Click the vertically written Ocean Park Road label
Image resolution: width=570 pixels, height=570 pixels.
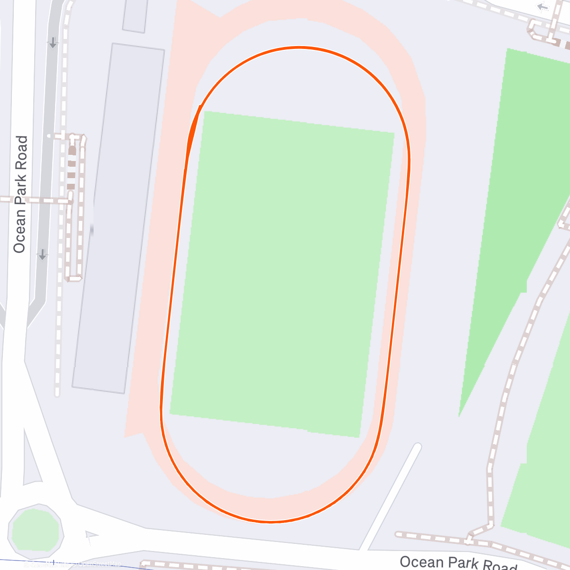point(20,194)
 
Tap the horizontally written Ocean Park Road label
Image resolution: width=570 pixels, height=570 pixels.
point(458,563)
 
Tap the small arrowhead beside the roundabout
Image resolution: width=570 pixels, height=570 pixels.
point(90,535)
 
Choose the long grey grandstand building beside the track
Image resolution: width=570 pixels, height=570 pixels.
point(118,218)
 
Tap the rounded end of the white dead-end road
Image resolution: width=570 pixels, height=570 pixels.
point(417,447)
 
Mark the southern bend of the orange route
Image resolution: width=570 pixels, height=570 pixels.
point(271,522)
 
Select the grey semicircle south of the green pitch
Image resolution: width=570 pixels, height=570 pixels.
point(266,461)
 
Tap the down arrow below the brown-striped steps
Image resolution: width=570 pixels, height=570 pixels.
point(43,255)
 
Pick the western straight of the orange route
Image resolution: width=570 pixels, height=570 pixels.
point(172,285)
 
